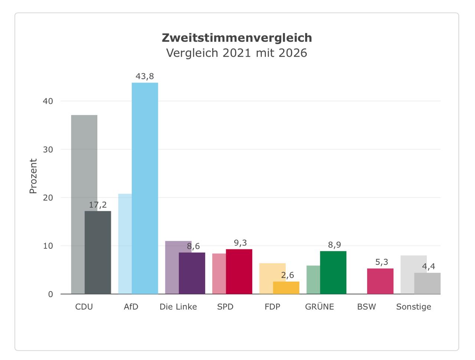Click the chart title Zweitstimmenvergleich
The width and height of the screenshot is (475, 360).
click(x=237, y=38)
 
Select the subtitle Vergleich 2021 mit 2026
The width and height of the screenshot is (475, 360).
click(x=236, y=53)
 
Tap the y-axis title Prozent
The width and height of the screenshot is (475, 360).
click(x=33, y=176)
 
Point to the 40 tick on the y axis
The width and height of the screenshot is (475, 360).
click(x=48, y=101)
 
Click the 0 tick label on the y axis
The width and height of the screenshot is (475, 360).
click(x=50, y=294)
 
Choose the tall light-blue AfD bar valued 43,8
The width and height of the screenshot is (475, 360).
click(x=145, y=188)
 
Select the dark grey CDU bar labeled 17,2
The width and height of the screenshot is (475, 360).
click(x=98, y=252)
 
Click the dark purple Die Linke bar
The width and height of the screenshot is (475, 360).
click(x=192, y=273)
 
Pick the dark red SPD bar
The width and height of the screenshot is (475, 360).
click(x=239, y=271)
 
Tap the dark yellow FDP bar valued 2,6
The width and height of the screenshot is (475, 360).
click(x=286, y=288)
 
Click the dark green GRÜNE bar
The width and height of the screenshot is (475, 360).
click(x=333, y=273)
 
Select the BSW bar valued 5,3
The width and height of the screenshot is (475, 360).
click(x=380, y=281)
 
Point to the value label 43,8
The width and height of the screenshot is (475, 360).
click(x=145, y=76)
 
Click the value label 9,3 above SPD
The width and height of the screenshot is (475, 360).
click(x=240, y=243)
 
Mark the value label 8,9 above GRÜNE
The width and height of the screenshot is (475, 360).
click(x=335, y=245)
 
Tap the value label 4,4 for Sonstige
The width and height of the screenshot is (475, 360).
click(x=429, y=266)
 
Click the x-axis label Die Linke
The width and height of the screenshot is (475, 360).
click(x=178, y=307)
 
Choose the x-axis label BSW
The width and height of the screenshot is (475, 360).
click(x=367, y=307)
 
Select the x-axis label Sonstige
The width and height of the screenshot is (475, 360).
click(x=414, y=307)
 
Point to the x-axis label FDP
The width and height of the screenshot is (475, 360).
click(x=272, y=307)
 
